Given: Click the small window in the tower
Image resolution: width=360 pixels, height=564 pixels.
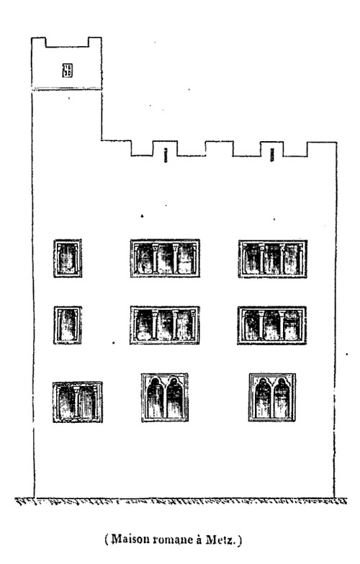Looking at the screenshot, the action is [x=67, y=70].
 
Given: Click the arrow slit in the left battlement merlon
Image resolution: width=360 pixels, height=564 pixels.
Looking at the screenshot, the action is [x=166, y=155].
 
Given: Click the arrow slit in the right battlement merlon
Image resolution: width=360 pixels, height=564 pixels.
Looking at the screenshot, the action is [x=272, y=155].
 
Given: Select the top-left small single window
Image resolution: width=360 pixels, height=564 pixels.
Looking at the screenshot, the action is [x=68, y=259].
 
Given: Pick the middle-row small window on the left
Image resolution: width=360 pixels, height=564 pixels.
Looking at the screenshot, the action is [x=68, y=325].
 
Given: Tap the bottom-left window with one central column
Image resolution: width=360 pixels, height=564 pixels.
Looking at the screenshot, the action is [x=78, y=402].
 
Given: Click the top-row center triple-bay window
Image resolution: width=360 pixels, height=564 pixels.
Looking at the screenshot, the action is [x=165, y=259].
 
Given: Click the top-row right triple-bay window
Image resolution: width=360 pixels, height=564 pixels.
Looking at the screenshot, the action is [x=273, y=259].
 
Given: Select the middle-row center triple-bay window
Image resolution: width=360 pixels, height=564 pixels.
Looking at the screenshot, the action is [x=165, y=325].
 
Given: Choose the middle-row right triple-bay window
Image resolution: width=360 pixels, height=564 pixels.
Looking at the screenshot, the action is [x=272, y=326].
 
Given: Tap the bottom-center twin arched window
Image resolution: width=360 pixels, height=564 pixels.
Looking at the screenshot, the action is [x=165, y=398].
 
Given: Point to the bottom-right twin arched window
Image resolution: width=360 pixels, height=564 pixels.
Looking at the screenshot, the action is [x=272, y=398].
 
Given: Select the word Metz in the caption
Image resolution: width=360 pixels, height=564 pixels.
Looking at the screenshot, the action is [x=220, y=540].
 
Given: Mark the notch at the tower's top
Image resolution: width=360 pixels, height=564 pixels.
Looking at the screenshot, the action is [x=67, y=42].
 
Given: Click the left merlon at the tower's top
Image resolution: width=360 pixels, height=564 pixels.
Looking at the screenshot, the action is [x=39, y=42].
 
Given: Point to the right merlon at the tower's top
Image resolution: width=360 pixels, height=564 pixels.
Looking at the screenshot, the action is [x=95, y=42].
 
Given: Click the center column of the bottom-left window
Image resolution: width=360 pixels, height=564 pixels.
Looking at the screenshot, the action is [x=76, y=402].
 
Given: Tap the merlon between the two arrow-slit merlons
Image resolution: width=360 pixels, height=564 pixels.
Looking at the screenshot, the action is [x=219, y=148].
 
